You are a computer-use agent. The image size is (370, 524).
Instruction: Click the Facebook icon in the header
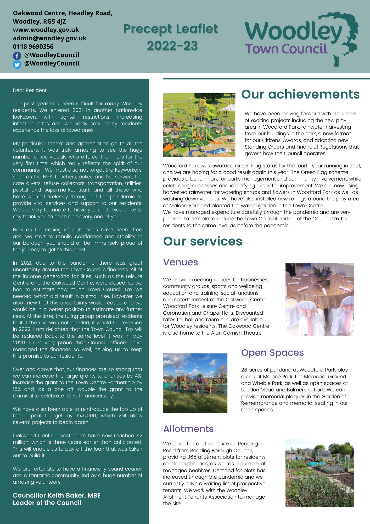click(x=17, y=56)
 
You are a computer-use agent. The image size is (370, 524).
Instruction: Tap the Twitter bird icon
click(x=17, y=64)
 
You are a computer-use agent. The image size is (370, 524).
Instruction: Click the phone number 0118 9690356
click(x=33, y=47)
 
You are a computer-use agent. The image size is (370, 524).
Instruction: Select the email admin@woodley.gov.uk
click(x=50, y=38)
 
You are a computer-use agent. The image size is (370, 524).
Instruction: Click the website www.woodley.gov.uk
click(x=46, y=30)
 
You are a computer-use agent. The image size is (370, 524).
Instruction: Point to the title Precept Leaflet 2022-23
click(x=171, y=37)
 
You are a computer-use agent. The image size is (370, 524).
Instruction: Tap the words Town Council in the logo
click(x=286, y=49)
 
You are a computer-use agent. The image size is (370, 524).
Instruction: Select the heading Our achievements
click(x=300, y=94)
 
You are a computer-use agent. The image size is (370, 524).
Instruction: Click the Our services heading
click(x=203, y=241)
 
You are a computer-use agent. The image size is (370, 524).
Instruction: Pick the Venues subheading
click(x=180, y=262)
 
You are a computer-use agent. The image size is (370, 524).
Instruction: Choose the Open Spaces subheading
click(x=272, y=353)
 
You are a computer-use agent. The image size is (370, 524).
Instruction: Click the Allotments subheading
click(x=188, y=429)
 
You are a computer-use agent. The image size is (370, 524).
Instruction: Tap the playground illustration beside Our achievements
click(x=199, y=125)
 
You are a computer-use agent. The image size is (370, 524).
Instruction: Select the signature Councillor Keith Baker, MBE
click(x=57, y=495)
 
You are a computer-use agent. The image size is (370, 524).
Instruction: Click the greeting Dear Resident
click(x=30, y=90)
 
